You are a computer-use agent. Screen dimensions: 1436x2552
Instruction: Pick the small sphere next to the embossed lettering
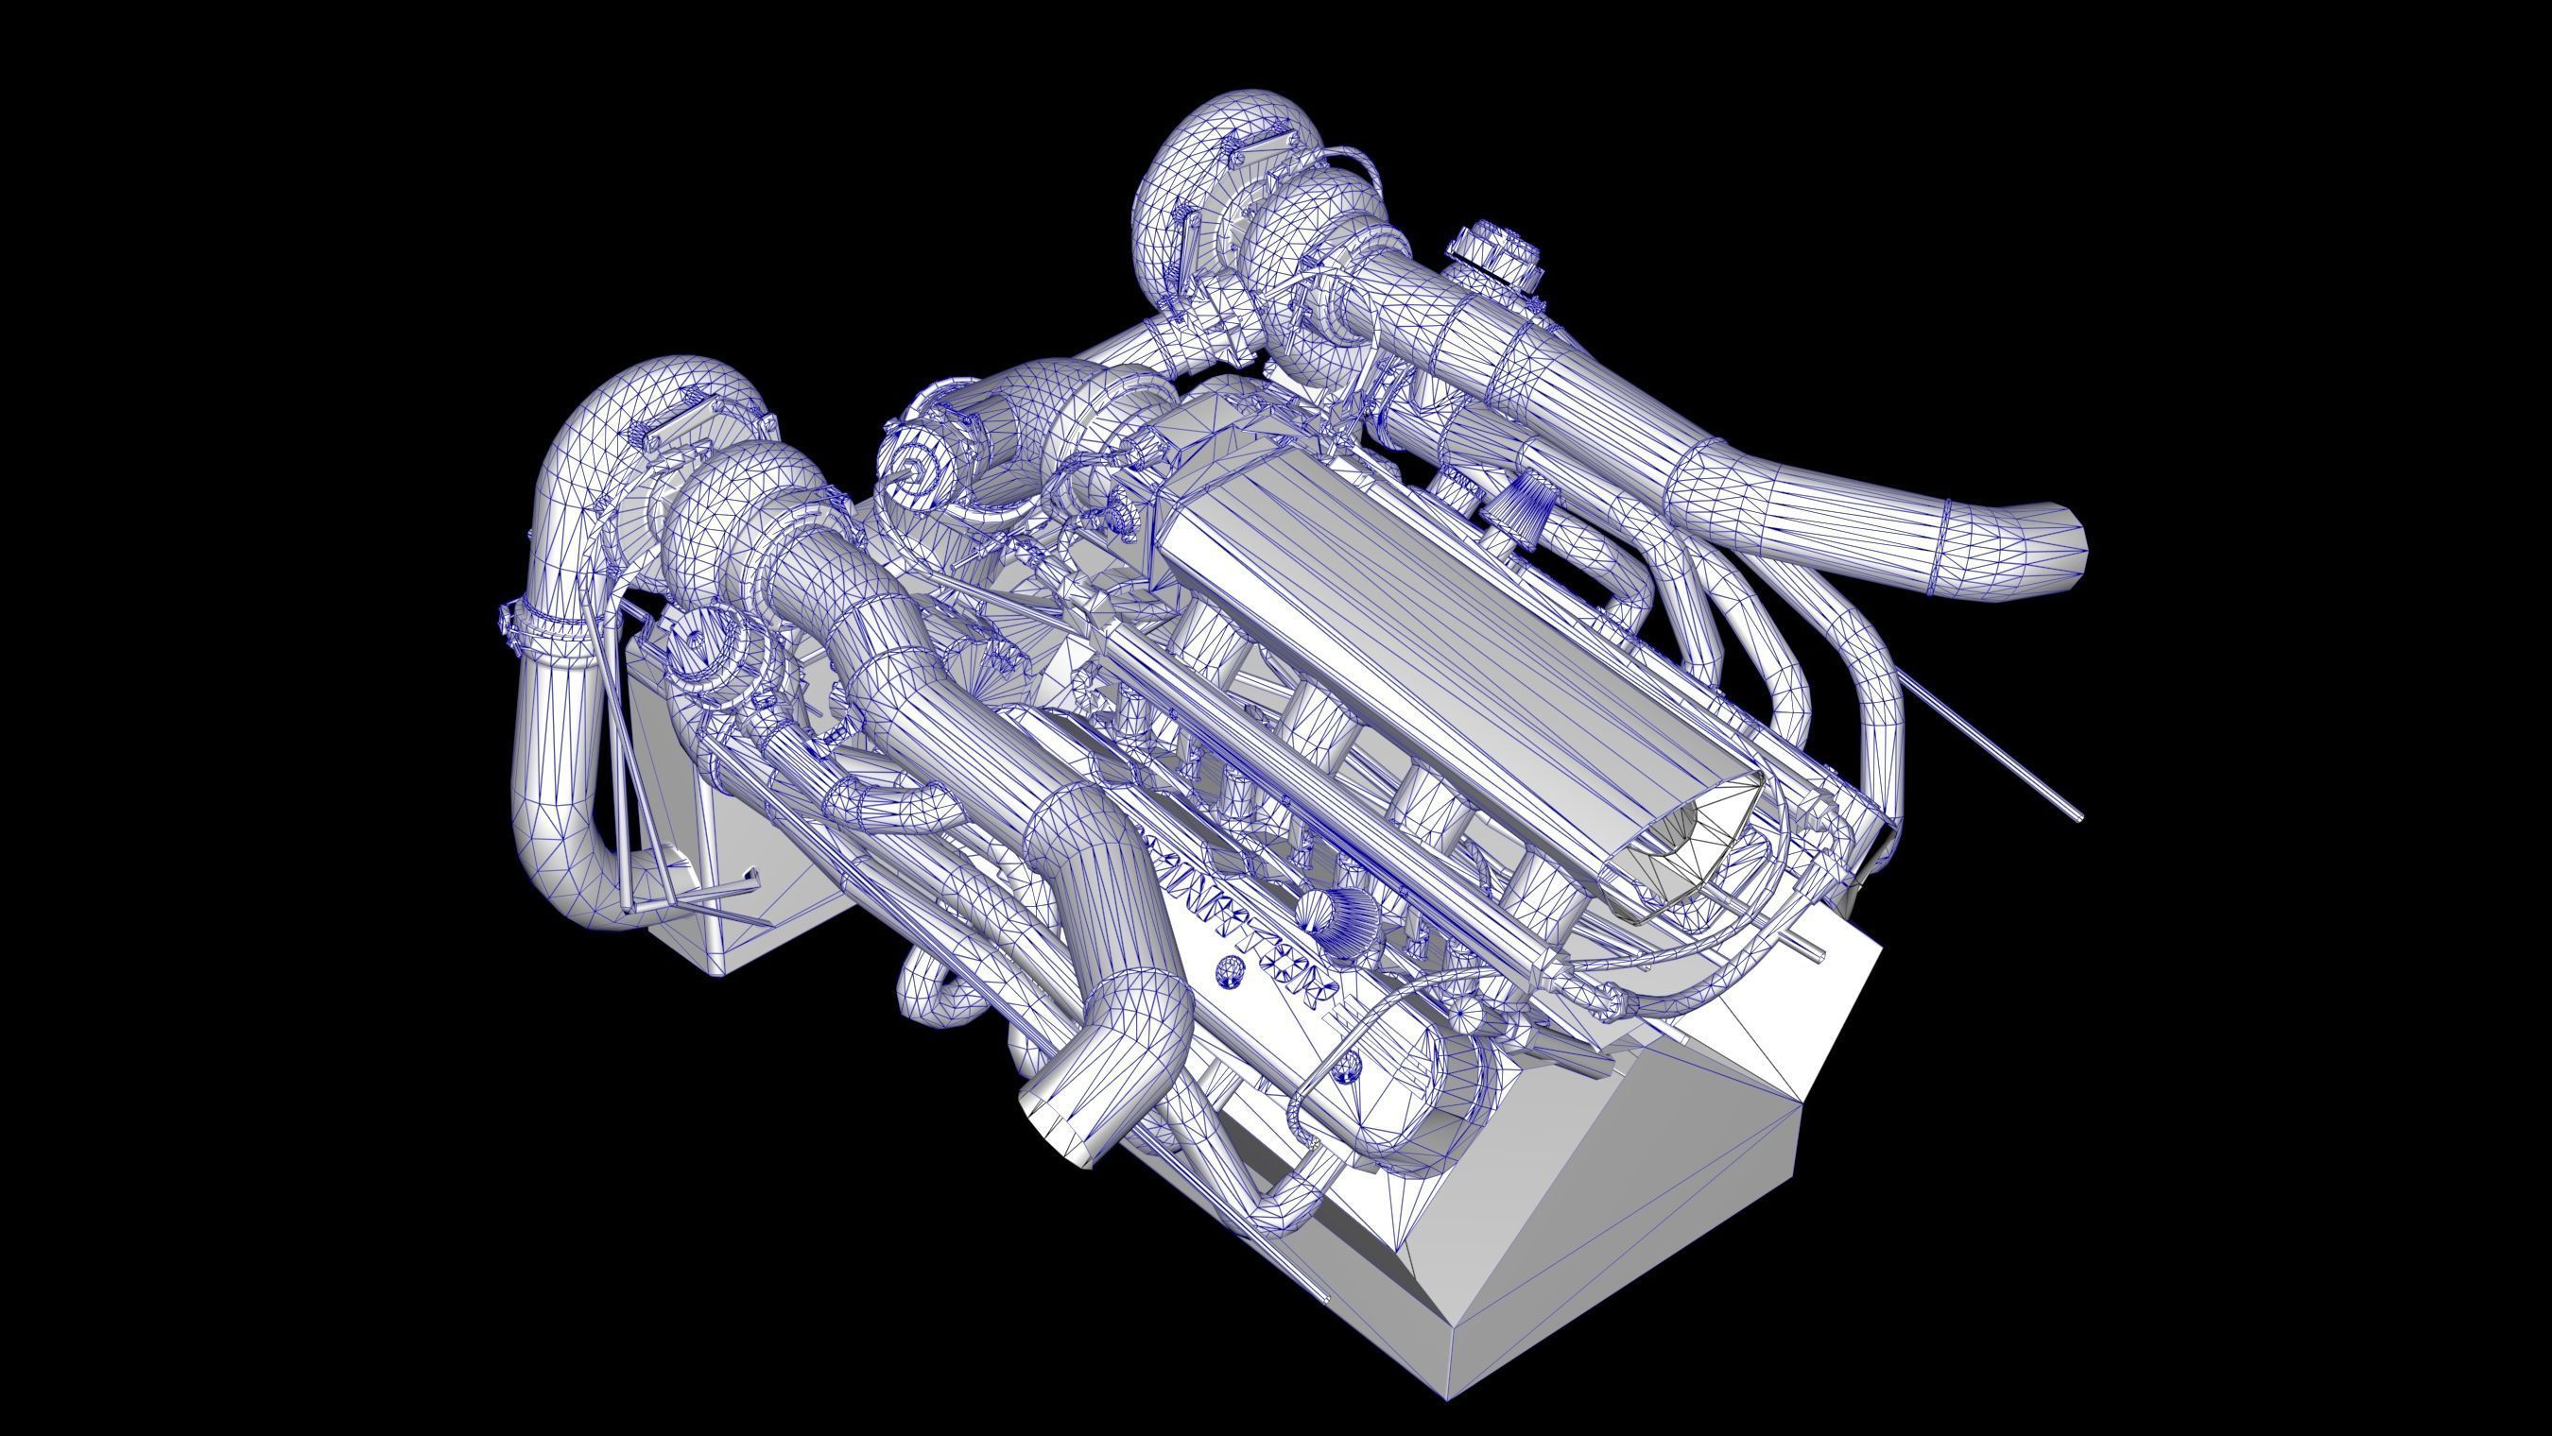(1230, 971)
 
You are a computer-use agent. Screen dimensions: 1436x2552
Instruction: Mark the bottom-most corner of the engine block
(1448, 1397)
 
